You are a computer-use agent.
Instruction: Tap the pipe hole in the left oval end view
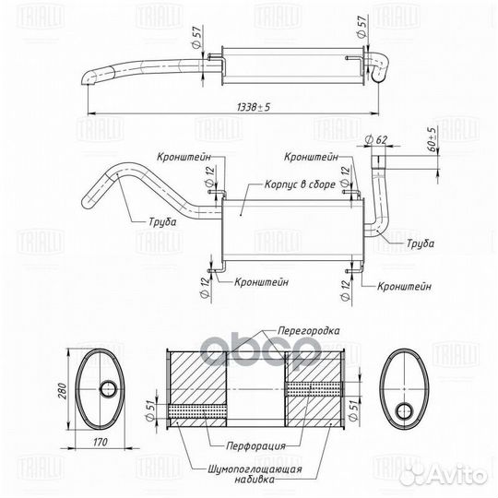[x=104, y=389]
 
